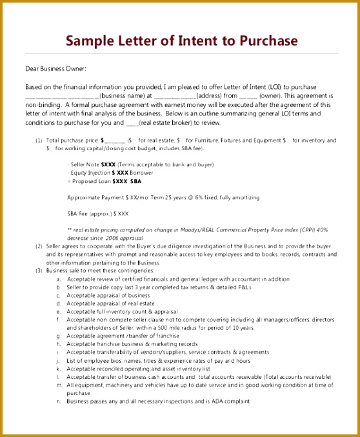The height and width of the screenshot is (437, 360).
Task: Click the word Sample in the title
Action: click(88, 41)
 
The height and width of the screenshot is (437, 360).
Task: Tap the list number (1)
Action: click(39, 140)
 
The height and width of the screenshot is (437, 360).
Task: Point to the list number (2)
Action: click(39, 246)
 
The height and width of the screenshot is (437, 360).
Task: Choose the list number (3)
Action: click(39, 271)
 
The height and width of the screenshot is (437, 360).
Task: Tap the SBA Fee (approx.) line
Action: click(98, 213)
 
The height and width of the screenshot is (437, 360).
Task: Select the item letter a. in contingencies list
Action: click(58, 279)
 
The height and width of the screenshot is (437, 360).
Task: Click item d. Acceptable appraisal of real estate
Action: click(110, 304)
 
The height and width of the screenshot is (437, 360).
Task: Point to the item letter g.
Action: click(58, 336)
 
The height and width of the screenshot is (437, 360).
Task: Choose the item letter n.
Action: click(58, 402)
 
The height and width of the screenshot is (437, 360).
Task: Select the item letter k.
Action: click(58, 369)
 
